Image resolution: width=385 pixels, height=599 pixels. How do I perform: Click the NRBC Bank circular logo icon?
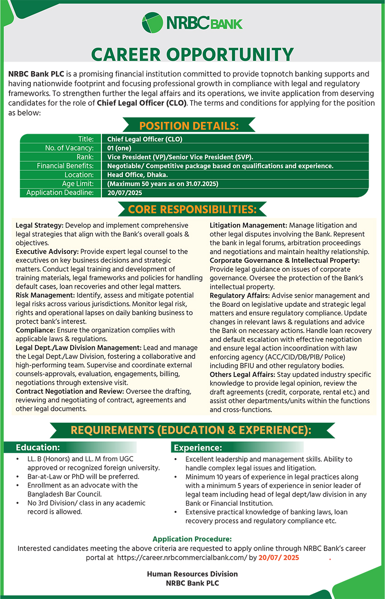(152, 23)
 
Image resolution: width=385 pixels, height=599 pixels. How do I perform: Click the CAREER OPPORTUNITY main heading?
(192, 55)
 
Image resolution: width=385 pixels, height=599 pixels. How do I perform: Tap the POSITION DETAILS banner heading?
(189, 126)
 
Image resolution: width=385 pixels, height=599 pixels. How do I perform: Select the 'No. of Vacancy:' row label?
(69, 148)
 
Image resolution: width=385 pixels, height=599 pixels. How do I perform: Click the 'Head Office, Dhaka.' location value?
(137, 175)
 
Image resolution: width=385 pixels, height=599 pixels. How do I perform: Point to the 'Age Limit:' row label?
(78, 184)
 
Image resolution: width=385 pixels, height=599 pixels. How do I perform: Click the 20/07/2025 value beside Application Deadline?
(125, 193)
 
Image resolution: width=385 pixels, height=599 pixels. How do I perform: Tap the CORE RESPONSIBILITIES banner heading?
(192, 210)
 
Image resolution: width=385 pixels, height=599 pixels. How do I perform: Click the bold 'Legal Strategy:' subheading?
(40, 225)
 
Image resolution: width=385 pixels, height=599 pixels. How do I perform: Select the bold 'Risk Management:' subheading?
(45, 295)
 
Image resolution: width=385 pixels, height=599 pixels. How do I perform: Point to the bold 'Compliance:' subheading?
(34, 330)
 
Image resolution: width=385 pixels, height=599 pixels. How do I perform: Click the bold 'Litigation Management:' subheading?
(248, 225)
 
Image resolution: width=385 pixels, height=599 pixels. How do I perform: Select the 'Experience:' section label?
(197, 448)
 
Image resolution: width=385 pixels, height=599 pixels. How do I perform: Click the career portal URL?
(182, 558)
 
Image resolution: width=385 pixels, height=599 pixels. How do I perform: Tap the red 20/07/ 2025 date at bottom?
(279, 558)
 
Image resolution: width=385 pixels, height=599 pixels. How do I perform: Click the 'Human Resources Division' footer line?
(192, 574)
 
